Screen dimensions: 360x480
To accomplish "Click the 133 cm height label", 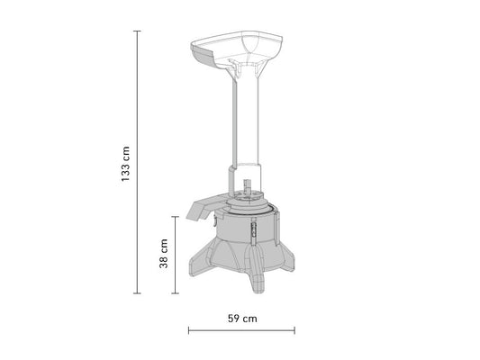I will pos(125,163).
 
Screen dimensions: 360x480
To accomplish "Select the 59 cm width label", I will pos(241,318).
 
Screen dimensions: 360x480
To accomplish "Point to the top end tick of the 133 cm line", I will pos(137,31).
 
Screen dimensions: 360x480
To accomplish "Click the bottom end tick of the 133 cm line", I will pos(137,293).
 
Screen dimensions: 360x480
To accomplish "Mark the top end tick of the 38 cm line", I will pos(175,217).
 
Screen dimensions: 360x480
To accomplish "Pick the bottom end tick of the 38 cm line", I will pos(175,293).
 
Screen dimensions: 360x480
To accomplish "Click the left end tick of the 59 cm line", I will pos(188,329).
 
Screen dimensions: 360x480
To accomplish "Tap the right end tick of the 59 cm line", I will pos(294,329).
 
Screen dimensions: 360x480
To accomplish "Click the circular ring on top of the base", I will pos(247,205).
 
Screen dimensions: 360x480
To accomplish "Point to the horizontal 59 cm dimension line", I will pos(241,329).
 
